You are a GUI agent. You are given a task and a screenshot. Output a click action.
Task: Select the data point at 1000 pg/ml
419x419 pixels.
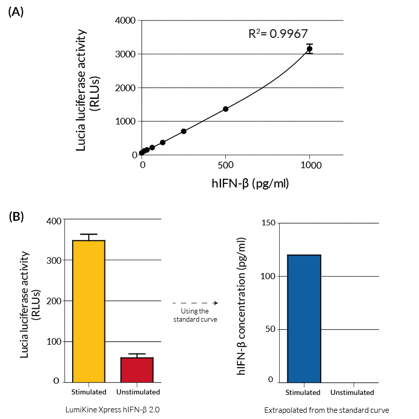[309, 49]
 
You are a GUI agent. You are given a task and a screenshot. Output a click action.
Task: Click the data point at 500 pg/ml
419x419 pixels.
[225, 109]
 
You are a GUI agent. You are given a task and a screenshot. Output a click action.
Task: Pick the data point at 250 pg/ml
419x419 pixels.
[183, 131]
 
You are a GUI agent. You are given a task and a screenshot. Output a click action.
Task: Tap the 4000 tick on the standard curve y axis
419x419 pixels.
[125, 20]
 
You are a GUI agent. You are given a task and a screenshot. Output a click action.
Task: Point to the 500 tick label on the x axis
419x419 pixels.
[225, 165]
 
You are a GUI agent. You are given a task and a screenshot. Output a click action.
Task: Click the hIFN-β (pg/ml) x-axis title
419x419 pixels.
[250, 182]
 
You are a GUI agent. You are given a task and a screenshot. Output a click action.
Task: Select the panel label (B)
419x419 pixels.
[16, 216]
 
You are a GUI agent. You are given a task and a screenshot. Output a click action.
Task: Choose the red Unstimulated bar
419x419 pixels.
[137, 369]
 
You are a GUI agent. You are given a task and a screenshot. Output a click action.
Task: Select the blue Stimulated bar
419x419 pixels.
[304, 318]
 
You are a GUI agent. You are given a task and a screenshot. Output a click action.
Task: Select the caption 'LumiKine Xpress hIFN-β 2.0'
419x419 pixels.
[108, 410]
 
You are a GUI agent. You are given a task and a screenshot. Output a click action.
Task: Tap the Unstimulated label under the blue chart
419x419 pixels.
[352, 392]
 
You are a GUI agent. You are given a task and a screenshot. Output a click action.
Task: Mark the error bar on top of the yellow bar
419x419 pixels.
[89, 237]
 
